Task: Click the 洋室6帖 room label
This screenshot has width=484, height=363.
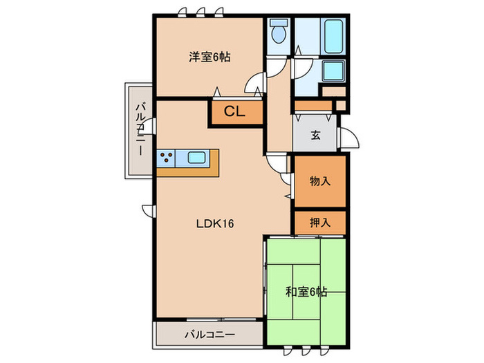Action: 210,58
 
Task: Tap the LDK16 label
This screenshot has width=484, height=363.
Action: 216,223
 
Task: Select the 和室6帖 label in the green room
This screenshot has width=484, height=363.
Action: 305,292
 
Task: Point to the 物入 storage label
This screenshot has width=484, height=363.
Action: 319,182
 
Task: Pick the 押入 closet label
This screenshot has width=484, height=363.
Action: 319,223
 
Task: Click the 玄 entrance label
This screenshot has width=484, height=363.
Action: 315,136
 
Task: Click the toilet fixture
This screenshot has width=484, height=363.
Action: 279,33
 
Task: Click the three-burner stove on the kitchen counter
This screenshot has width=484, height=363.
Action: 167,158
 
